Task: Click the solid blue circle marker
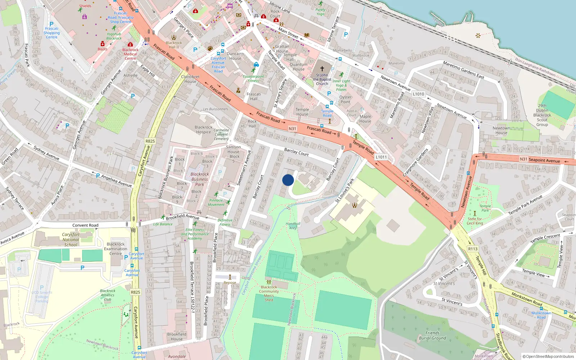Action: [288, 180]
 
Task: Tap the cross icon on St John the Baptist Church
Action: [322, 68]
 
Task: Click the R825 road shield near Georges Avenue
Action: [150, 141]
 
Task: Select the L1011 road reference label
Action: [381, 157]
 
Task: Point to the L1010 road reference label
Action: [418, 94]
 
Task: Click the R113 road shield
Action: [473, 249]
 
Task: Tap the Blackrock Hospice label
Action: [203, 130]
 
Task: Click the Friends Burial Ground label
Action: [432, 336]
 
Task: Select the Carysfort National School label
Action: [71, 239]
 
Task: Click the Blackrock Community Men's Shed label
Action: [269, 293]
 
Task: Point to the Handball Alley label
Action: [293, 226]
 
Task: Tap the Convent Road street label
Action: [85, 225]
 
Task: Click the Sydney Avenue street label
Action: [46, 153]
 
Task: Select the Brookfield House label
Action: [177, 337]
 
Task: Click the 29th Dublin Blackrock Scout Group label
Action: [542, 115]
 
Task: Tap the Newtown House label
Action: [501, 130]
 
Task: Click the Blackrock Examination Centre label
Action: [116, 249]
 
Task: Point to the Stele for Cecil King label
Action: [475, 221]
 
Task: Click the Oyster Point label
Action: [345, 99]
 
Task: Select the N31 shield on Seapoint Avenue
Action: [523, 159]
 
